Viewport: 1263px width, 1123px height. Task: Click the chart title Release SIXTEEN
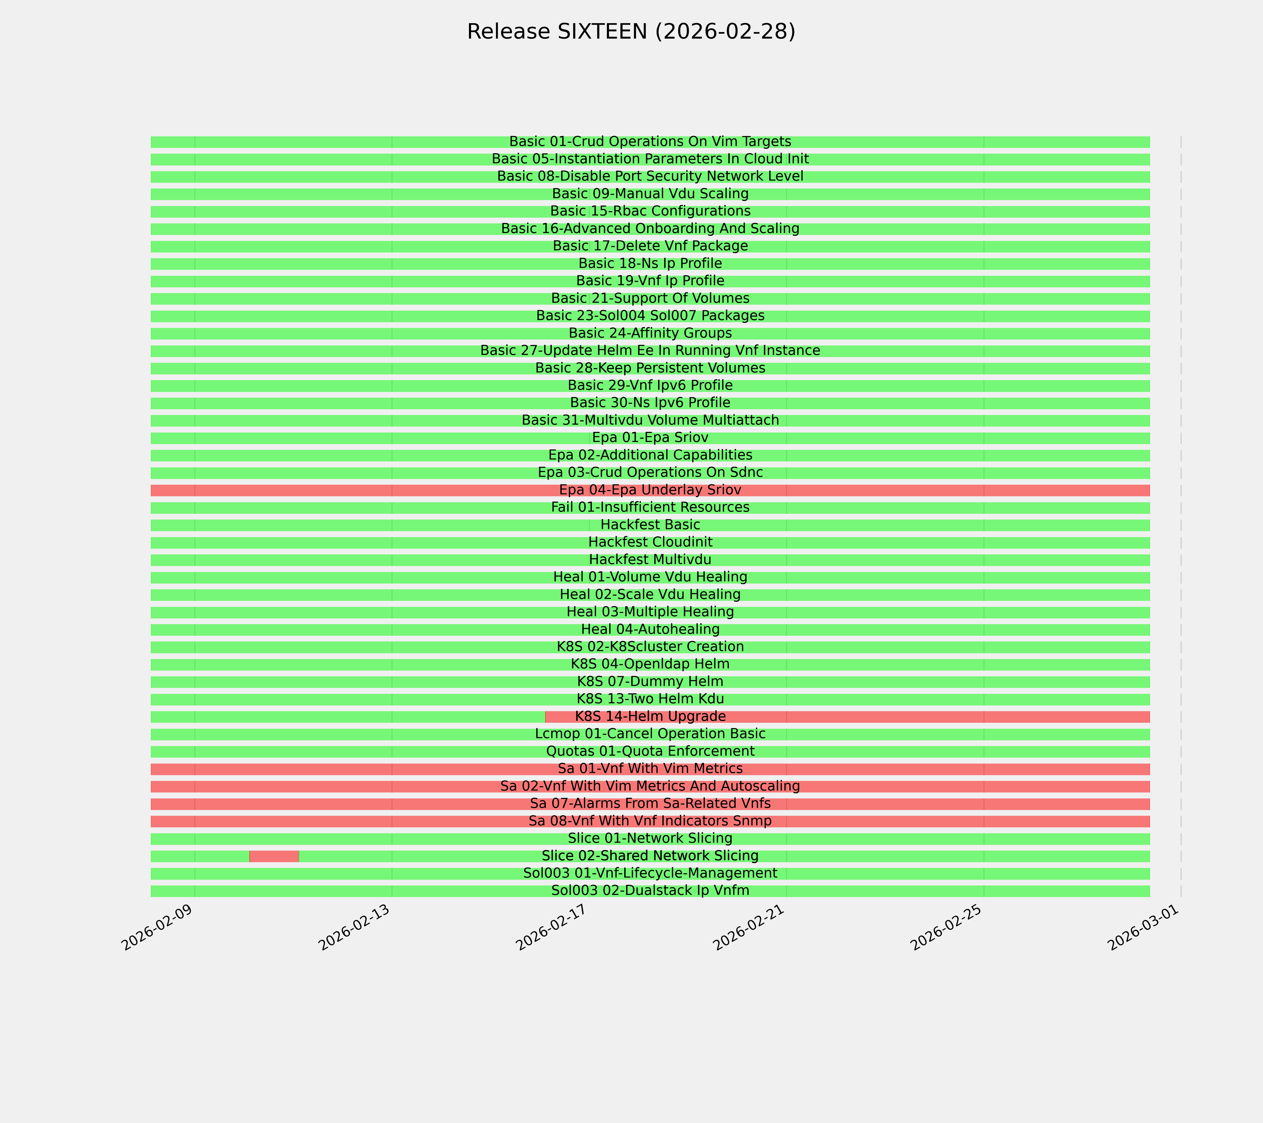(631, 32)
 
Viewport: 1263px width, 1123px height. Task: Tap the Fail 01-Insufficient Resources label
(650, 507)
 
